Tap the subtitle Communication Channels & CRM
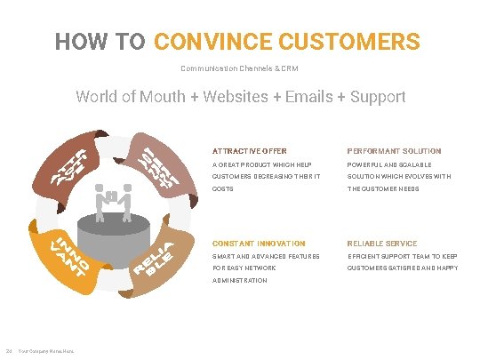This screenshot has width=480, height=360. point(240,68)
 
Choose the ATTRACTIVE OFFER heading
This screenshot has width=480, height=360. point(249,151)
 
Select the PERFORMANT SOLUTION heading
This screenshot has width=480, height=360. point(394,151)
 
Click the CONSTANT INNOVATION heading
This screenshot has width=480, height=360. point(259,244)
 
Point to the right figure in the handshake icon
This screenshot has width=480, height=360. point(127,199)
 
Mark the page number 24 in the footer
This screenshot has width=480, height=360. point(7,348)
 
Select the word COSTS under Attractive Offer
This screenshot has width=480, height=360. point(221,188)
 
